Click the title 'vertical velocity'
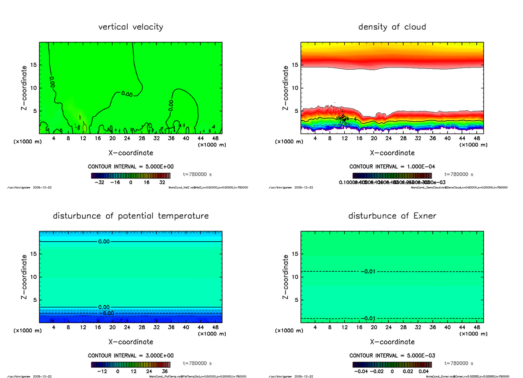[131, 27]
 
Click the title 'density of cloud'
[392, 27]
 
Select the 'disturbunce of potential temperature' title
[131, 216]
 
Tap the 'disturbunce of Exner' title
[392, 216]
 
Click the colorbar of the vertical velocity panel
[131, 175]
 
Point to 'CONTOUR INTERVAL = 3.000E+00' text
[131, 355]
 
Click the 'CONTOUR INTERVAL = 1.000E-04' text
[392, 167]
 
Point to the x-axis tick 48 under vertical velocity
[215, 138]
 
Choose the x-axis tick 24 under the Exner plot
[388, 327]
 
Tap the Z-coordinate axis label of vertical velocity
[24, 88]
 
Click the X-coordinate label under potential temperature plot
[131, 342]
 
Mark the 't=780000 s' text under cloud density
[459, 174]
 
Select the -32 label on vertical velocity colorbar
[100, 183]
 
